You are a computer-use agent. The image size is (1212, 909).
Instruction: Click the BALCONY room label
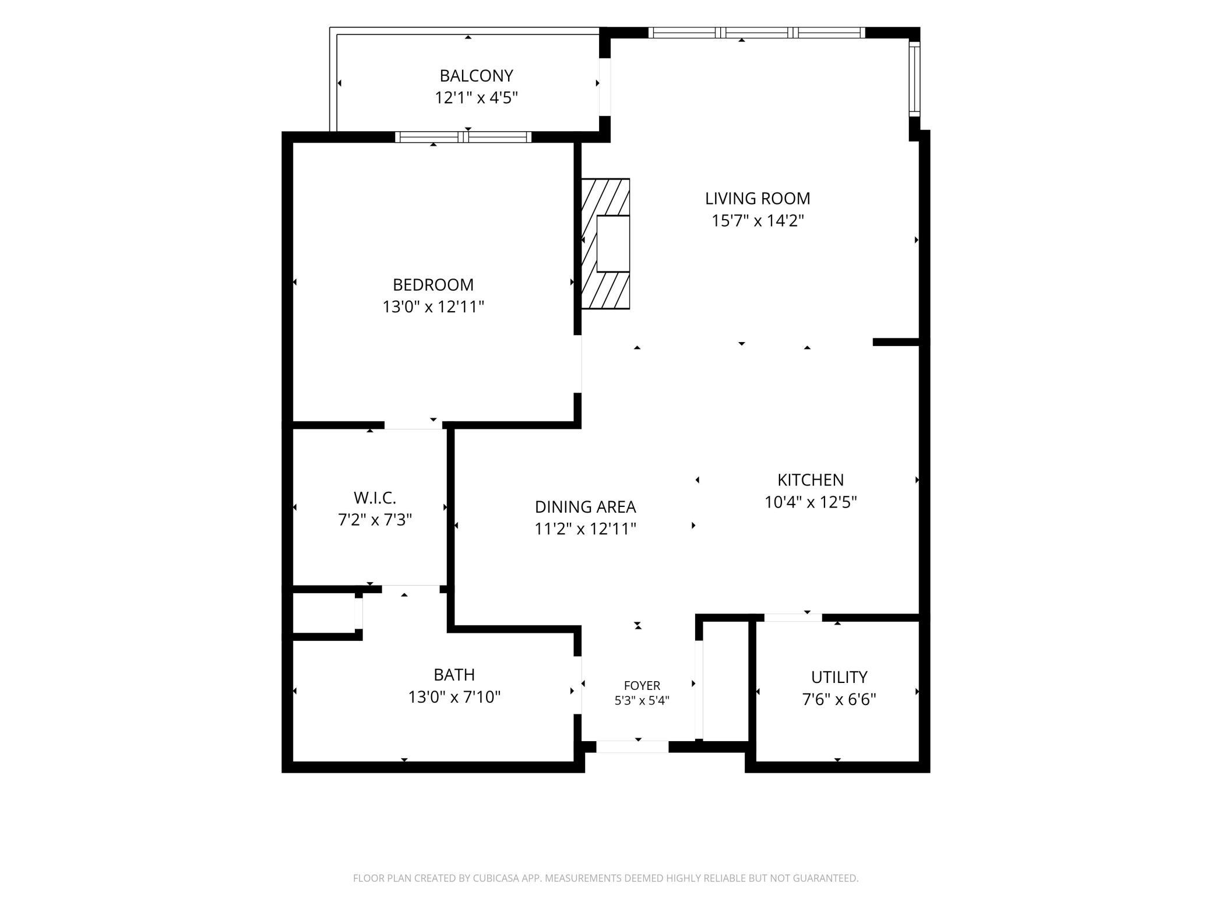476,76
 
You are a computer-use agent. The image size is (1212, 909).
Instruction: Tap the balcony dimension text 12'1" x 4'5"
476,97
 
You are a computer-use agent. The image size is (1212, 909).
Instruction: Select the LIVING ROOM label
757,199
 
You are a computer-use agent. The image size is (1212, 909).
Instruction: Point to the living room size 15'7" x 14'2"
757,221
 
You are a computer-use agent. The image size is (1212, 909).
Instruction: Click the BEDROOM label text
433,285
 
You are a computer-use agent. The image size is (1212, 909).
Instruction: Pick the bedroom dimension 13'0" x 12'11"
433,306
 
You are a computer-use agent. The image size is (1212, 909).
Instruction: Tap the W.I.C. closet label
375,498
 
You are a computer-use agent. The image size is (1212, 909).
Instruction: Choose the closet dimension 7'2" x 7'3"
375,519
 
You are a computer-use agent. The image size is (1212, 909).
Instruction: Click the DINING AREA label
585,507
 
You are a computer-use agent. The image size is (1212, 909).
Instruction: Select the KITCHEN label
811,480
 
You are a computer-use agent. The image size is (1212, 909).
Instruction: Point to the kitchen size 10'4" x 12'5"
811,502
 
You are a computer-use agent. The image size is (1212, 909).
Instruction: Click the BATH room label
454,675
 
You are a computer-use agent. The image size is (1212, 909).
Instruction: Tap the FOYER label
642,686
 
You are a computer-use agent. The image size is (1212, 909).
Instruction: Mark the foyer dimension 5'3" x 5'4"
642,700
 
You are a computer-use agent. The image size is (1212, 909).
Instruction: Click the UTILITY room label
839,677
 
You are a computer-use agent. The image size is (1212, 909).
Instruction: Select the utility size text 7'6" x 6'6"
839,699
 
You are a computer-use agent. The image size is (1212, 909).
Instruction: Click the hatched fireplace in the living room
606,244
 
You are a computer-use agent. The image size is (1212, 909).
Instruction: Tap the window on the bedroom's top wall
463,138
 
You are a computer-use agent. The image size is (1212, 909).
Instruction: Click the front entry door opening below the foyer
632,747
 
